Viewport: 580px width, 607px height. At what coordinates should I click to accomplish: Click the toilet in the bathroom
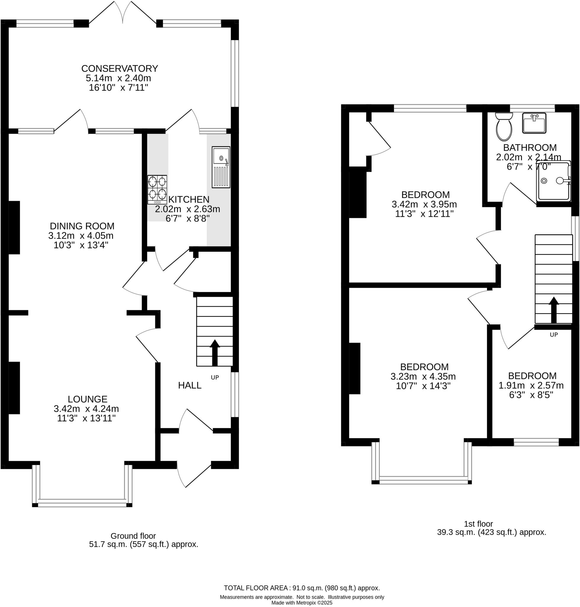[504, 126]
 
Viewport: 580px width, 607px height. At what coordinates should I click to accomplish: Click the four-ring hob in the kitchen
[157, 190]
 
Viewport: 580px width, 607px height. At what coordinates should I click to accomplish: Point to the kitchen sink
[221, 167]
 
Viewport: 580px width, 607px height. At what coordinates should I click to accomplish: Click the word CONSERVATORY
[120, 68]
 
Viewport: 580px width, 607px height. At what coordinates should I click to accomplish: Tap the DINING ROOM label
[82, 226]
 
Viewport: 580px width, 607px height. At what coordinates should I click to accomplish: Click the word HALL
[190, 385]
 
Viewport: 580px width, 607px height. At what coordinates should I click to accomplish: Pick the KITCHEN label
[189, 199]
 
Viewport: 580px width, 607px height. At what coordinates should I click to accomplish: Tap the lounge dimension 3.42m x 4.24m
[86, 409]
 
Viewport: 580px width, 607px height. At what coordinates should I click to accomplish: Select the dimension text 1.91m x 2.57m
[531, 386]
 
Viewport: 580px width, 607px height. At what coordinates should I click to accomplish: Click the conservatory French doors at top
[123, 12]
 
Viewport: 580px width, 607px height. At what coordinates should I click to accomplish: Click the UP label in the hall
[215, 377]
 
